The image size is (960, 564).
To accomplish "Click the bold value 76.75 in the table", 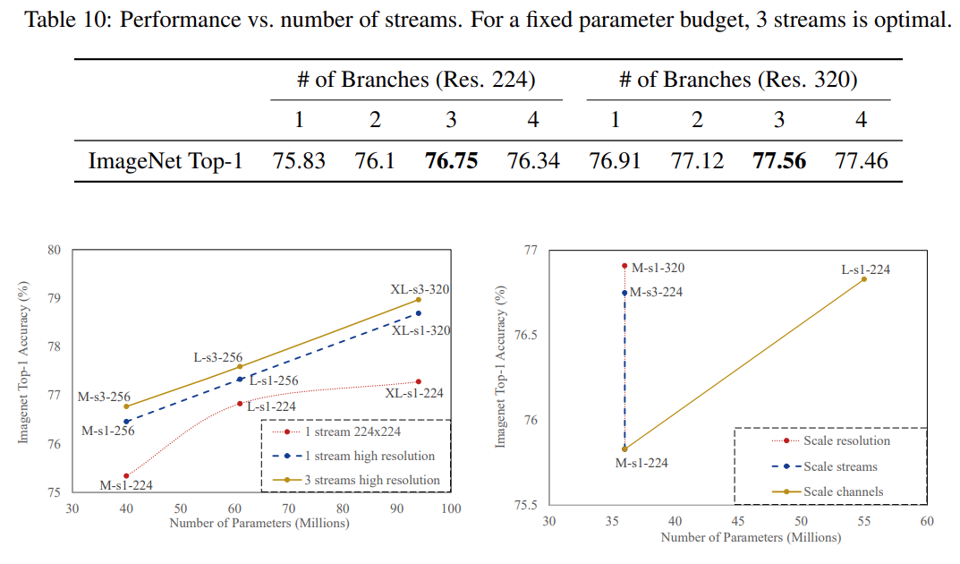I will pyautogui.click(x=452, y=161).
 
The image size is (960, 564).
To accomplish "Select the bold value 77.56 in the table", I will pyautogui.click(x=779, y=161).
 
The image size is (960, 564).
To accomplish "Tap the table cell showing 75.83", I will pyautogui.click(x=299, y=161).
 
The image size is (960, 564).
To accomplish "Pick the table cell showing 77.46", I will pyautogui.click(x=861, y=161).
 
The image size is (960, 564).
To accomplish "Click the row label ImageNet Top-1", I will pyautogui.click(x=166, y=161).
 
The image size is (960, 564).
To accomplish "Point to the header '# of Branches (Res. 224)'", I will pyautogui.click(x=416, y=80).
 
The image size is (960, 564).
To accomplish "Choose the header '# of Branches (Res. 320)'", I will pyautogui.click(x=739, y=80).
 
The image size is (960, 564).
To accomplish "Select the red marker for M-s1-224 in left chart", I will pyautogui.click(x=126, y=475).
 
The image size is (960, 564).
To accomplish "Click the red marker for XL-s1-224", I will pyautogui.click(x=419, y=381).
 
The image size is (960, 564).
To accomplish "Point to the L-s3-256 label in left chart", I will pyautogui.click(x=217, y=357).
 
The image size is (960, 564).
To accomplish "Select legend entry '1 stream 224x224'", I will pyautogui.click(x=351, y=432).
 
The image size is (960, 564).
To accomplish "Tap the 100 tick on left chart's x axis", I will pyautogui.click(x=450, y=508).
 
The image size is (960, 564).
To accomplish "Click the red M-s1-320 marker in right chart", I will pyautogui.click(x=624, y=266).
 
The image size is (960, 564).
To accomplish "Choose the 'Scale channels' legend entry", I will pyautogui.click(x=843, y=491).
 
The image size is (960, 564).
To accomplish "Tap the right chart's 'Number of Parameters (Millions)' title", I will pyautogui.click(x=751, y=538).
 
